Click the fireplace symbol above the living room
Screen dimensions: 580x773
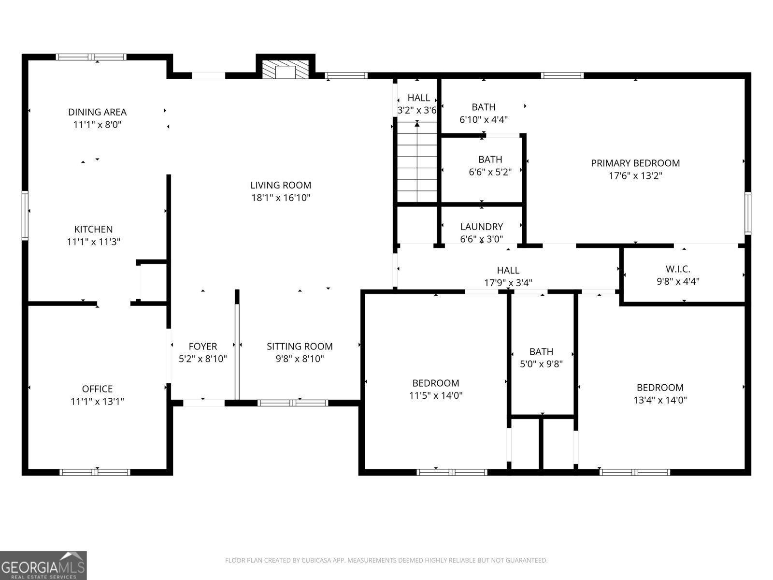tap(285, 70)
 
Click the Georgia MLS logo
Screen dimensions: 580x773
tap(43, 565)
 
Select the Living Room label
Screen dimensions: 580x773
tap(281, 185)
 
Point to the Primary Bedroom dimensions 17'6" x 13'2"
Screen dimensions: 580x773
tap(635, 176)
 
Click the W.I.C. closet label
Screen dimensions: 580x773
tap(678, 269)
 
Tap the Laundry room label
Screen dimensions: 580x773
tap(481, 227)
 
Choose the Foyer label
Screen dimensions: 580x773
tap(202, 347)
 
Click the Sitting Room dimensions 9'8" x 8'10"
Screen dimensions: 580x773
tap(300, 359)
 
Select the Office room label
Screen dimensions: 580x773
tap(97, 389)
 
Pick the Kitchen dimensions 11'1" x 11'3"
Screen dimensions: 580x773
tap(93, 242)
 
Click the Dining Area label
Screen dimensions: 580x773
tap(97, 112)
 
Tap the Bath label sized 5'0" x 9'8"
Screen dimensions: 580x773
tap(541, 352)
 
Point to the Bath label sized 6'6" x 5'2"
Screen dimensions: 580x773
tap(490, 159)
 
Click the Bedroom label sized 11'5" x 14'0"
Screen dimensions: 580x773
tap(435, 383)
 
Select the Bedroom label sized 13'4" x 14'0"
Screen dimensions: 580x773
tap(660, 388)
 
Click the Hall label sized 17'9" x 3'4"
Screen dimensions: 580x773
tap(508, 271)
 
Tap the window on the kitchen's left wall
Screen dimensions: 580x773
tap(25, 215)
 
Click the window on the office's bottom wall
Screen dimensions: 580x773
tap(95, 472)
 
